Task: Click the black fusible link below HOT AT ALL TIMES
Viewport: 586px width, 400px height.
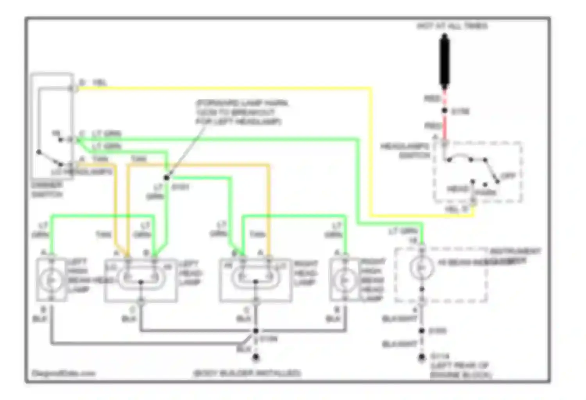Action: [444, 61]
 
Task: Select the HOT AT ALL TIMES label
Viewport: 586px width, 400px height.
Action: [452, 26]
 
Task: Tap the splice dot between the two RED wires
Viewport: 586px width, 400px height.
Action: [445, 111]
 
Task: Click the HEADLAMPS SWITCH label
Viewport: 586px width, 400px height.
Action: [406, 151]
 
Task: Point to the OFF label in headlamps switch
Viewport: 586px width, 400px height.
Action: [508, 176]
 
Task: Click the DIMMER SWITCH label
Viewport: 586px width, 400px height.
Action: [47, 189]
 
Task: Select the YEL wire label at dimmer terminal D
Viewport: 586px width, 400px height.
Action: [100, 83]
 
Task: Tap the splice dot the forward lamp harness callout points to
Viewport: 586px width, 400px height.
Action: [166, 178]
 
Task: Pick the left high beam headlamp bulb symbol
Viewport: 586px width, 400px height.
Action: [51, 280]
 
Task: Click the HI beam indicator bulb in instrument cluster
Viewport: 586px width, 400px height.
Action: [421, 268]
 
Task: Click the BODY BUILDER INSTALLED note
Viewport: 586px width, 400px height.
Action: [247, 373]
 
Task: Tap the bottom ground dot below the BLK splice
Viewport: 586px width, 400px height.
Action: [255, 357]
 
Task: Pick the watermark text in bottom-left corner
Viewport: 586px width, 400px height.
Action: [63, 373]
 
